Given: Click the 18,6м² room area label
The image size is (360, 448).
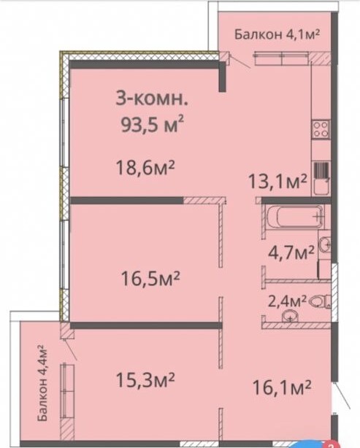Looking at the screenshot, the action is point(145,167).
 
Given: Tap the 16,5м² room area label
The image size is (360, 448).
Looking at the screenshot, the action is point(150,278).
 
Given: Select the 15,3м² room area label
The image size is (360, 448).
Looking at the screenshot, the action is point(145,380).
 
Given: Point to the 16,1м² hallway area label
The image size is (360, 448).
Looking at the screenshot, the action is point(282,387).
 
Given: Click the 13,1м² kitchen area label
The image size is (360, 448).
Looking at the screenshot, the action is point(277,181).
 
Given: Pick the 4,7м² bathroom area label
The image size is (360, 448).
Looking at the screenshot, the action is point(291,252).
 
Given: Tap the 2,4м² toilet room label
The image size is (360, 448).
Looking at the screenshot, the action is point(287,301).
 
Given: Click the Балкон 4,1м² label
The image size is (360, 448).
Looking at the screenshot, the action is point(277,34).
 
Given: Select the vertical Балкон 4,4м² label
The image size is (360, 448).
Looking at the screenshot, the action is point(42,384).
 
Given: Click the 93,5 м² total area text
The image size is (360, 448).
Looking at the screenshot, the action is point(152,124).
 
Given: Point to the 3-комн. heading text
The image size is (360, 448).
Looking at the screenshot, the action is point(152,99).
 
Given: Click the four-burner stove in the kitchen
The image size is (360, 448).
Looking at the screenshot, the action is point(321,129).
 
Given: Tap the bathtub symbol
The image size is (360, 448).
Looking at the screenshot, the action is point(296,217).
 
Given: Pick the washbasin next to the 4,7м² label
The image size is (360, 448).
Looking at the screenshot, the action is point(325,244).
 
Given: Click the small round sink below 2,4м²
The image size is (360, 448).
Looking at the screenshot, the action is point(290,316).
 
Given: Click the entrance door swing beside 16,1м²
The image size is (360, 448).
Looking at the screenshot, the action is point(342,395).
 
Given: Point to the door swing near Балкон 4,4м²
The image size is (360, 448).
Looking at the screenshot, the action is point(69,349).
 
